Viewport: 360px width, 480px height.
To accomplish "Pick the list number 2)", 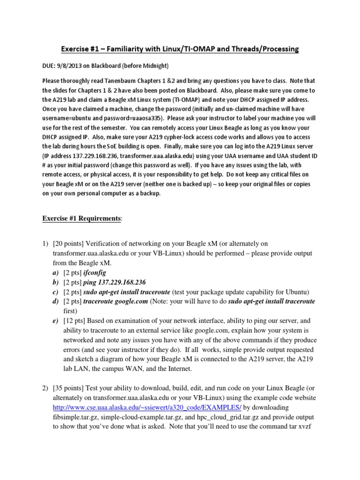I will pos(45,388).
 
